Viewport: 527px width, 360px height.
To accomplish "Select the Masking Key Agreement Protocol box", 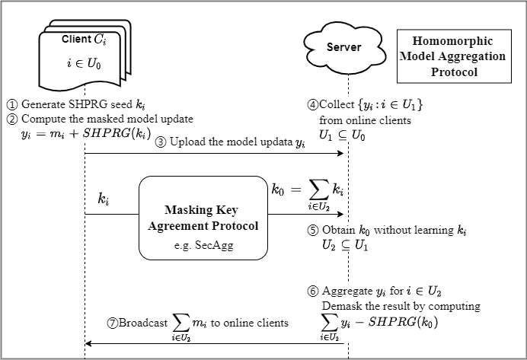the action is [x=203, y=218].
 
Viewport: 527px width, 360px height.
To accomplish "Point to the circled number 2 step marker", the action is [x=12, y=119].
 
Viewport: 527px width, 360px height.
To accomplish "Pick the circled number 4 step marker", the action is [x=311, y=105].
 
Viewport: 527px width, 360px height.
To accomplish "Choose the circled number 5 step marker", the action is [x=311, y=230].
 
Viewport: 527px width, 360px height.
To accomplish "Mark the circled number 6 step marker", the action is [x=311, y=292].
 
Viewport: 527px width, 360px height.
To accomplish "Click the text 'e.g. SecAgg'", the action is [x=203, y=247].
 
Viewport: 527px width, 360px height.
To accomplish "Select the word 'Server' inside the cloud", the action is [x=344, y=48].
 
